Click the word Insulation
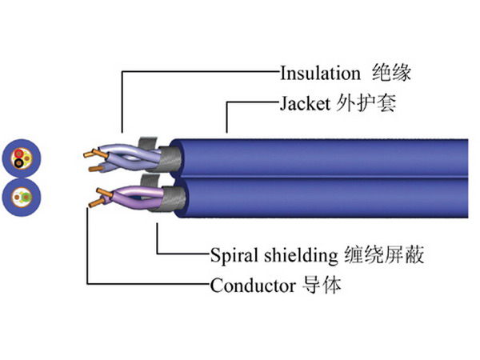pos(320,73)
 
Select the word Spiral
pos(233,256)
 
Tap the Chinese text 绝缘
pos(392,73)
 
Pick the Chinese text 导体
pos(323,286)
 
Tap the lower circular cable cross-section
pos(20,196)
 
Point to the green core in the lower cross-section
pos(25,194)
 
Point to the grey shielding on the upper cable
pos(167,157)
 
